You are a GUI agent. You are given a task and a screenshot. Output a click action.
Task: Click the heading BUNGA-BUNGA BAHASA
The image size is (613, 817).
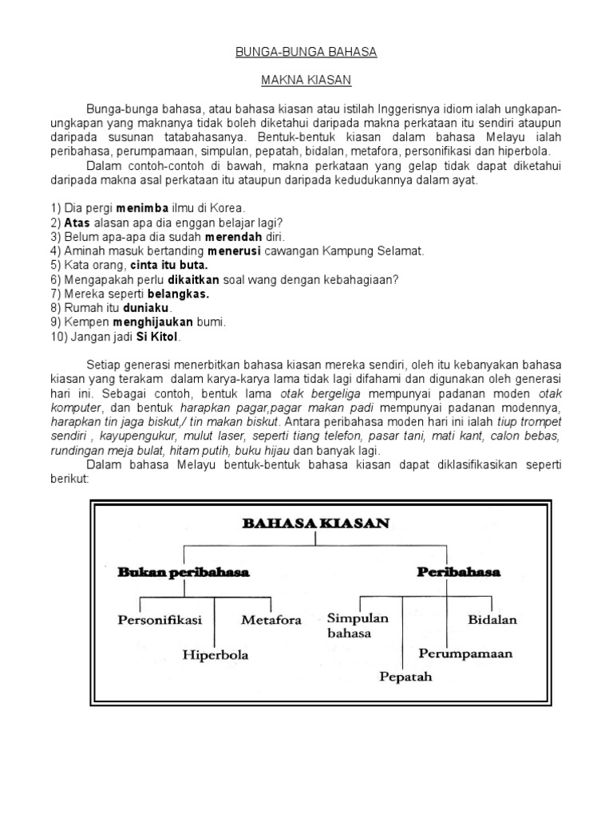(x=306, y=52)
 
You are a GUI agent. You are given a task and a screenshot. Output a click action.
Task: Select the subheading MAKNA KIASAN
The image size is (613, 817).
(x=306, y=81)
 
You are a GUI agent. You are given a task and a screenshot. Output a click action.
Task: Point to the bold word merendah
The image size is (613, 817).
(x=231, y=237)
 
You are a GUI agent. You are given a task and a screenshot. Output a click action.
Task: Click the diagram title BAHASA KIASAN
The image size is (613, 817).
(x=315, y=524)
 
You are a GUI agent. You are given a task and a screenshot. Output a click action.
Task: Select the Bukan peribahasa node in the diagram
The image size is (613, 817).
(x=184, y=572)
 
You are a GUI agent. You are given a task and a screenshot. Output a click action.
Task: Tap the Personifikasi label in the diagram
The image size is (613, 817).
(x=160, y=618)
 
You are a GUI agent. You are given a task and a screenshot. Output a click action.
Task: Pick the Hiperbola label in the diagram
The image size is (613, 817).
(x=216, y=655)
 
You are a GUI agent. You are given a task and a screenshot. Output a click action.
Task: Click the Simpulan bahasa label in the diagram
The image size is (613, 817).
(x=358, y=626)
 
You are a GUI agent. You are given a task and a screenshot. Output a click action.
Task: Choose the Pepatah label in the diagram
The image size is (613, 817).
(x=405, y=677)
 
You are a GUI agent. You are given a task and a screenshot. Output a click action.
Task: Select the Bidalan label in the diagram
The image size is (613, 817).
(x=492, y=618)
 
